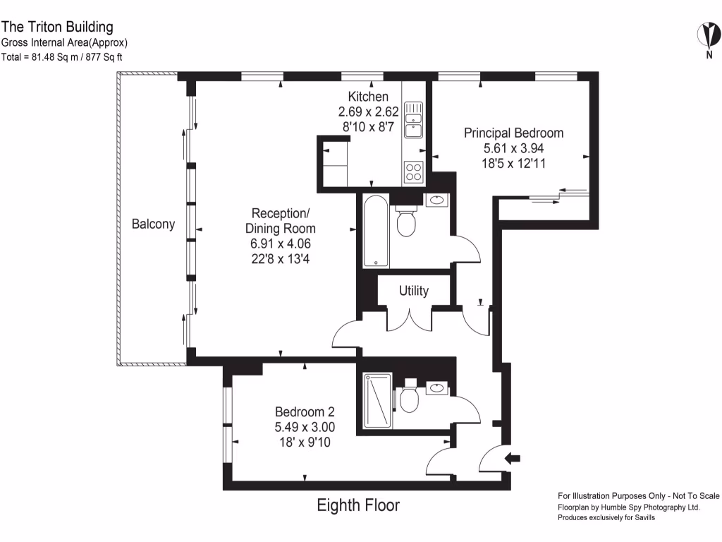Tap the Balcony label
153,224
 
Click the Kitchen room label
367,97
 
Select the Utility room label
413,291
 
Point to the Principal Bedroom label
513,133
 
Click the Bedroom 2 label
304,412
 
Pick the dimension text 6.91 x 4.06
281,243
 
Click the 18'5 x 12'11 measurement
513,163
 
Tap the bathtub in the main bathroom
376,231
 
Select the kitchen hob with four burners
412,171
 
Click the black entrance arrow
513,459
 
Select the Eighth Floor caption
357,505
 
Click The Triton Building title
57,27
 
